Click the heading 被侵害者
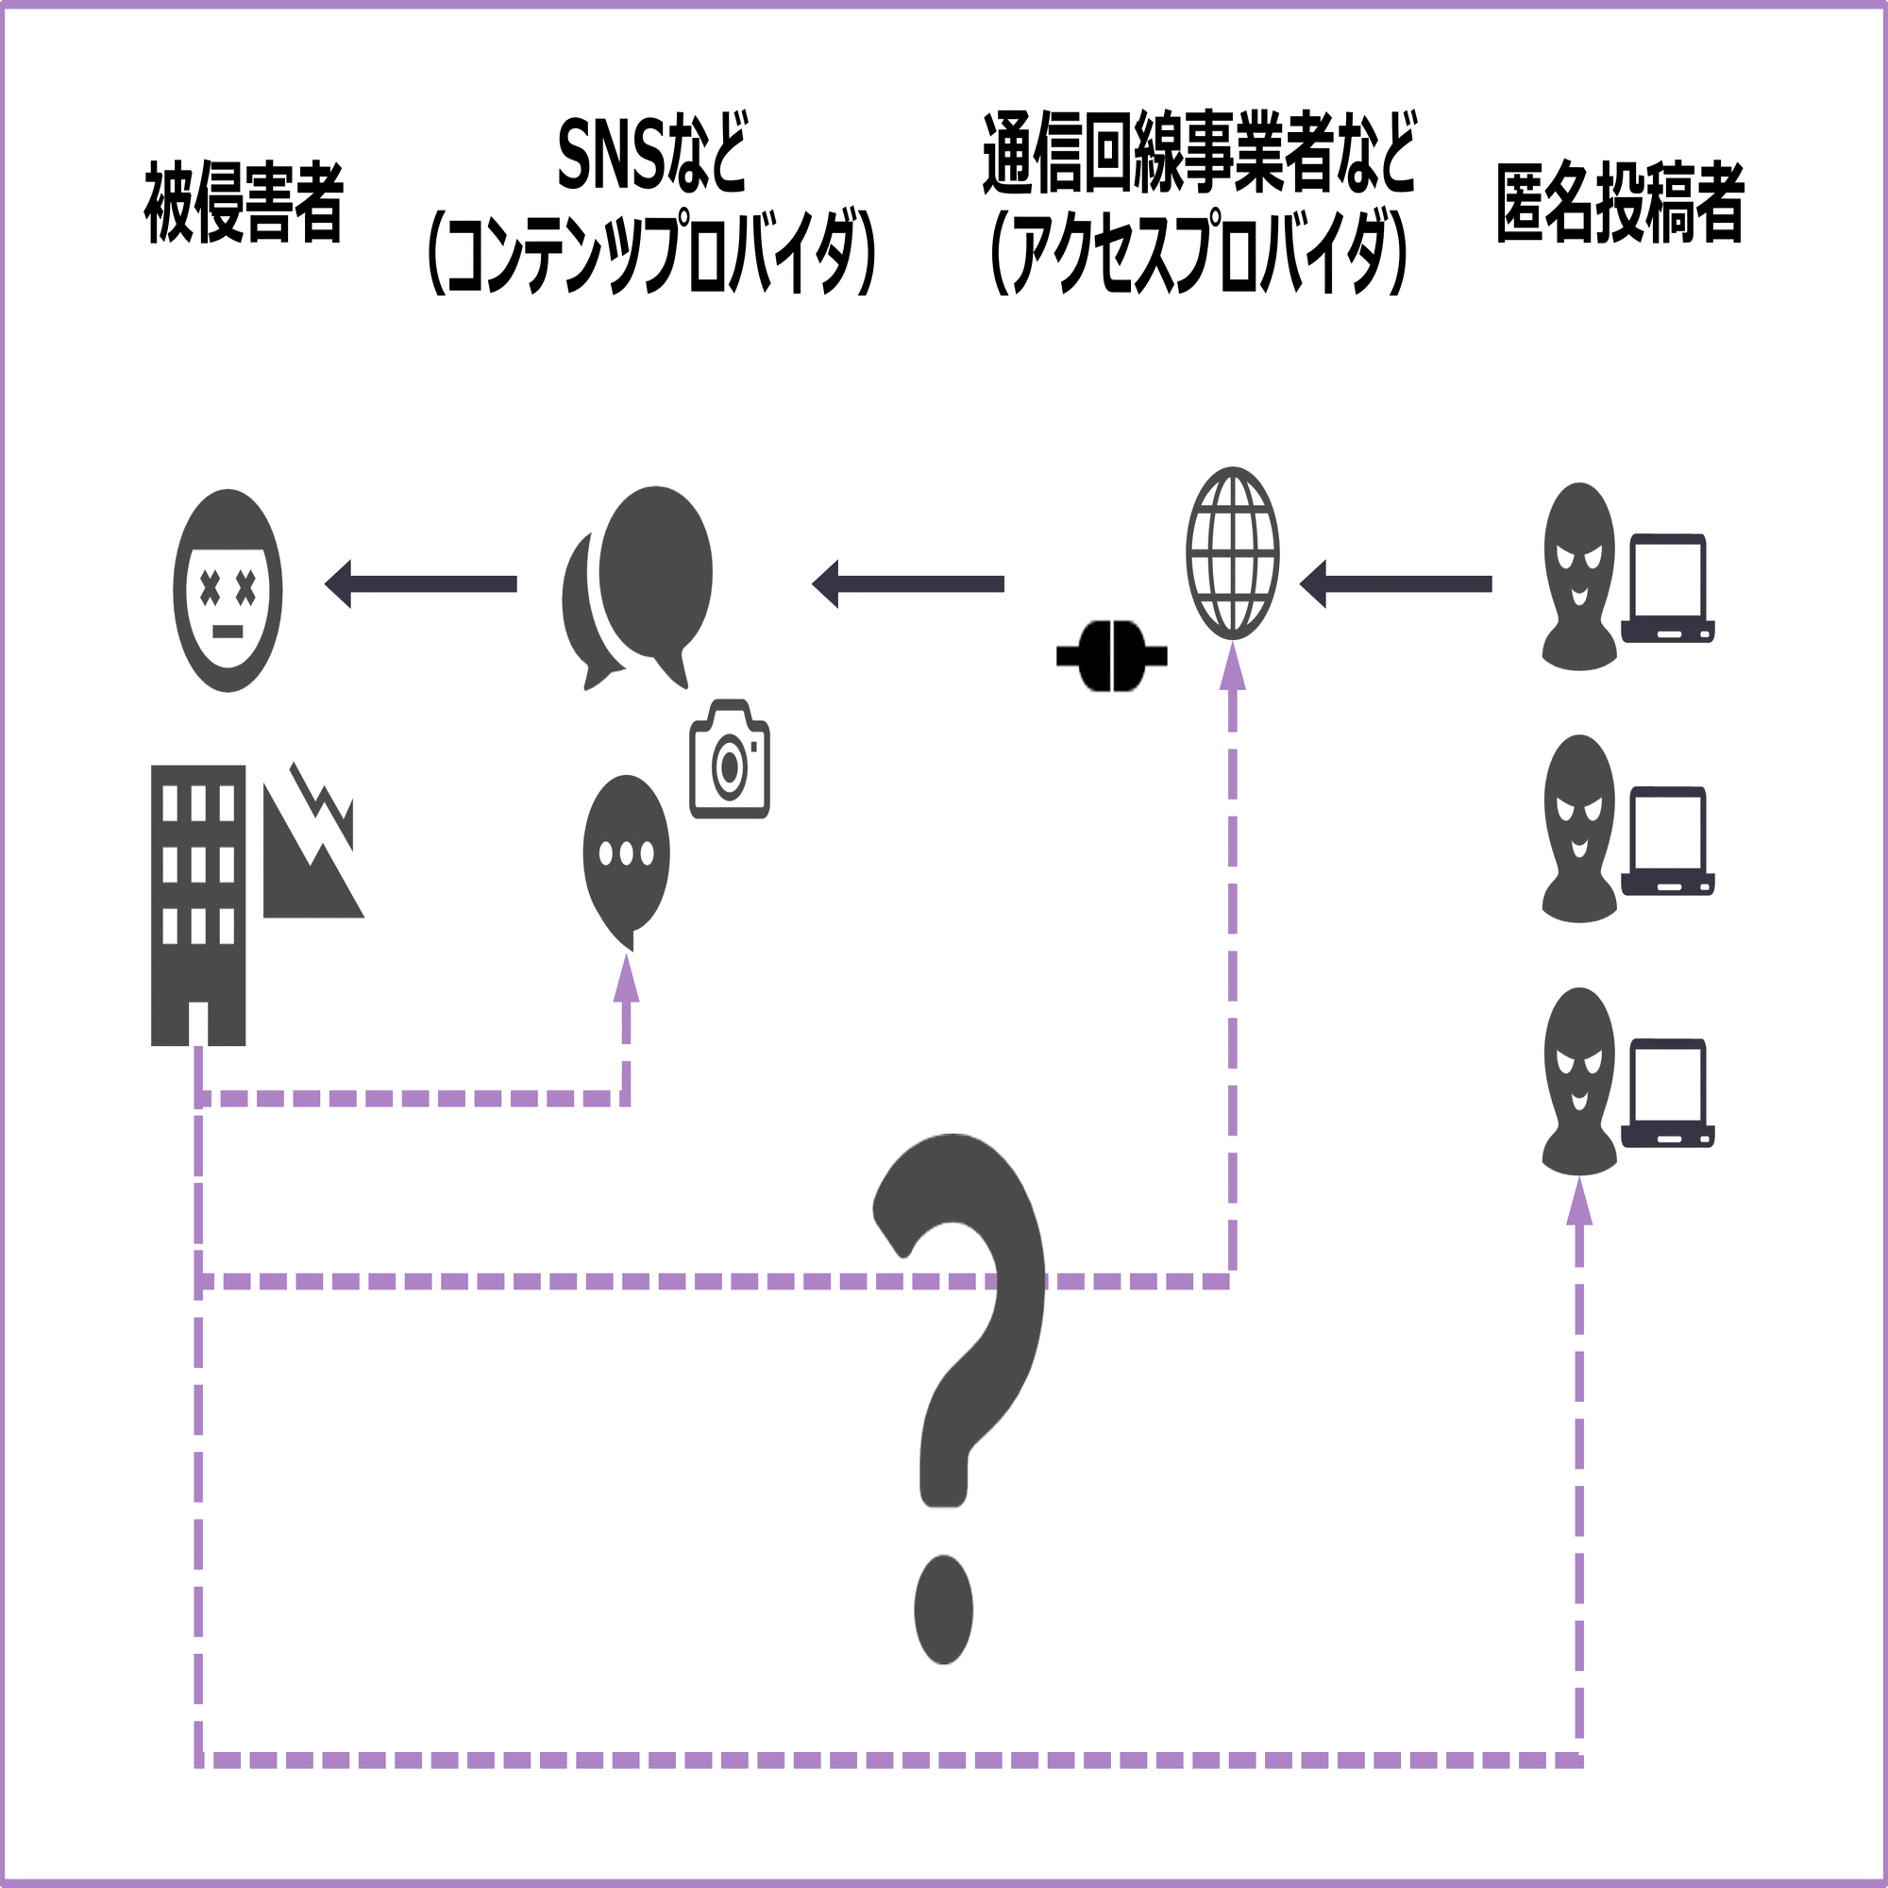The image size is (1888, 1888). coord(244,202)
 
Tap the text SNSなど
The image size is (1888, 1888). coord(651,155)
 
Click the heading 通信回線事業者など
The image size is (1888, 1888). coord(1199,154)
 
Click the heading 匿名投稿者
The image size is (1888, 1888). coord(1620,202)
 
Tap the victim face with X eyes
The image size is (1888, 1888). coord(228,590)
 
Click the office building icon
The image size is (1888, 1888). coord(198,905)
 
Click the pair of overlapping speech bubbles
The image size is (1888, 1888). coord(637,587)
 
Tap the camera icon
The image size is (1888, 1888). coord(730,758)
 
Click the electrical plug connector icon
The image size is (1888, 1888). coord(1112,656)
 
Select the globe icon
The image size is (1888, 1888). coord(1233,553)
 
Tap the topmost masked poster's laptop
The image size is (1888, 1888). coord(1668,587)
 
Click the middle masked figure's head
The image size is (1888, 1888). coord(1579,829)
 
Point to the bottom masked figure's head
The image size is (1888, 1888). coord(1579,1081)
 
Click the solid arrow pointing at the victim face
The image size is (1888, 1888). coord(420,584)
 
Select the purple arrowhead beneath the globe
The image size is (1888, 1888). coord(1233,666)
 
